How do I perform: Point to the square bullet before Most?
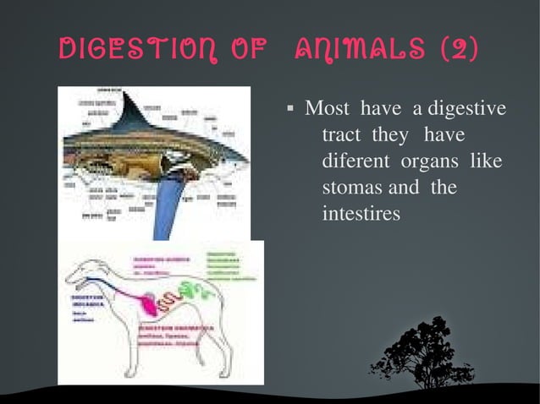pos(289,109)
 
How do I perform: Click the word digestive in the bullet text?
pos(466,109)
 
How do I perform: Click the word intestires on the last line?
pos(361,215)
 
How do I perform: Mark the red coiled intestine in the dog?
pos(174,297)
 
